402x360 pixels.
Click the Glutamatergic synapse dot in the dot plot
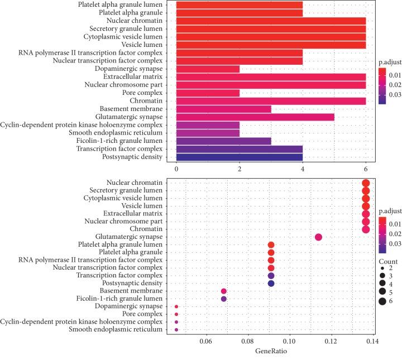point(318,237)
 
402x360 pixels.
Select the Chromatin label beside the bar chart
point(146,100)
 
